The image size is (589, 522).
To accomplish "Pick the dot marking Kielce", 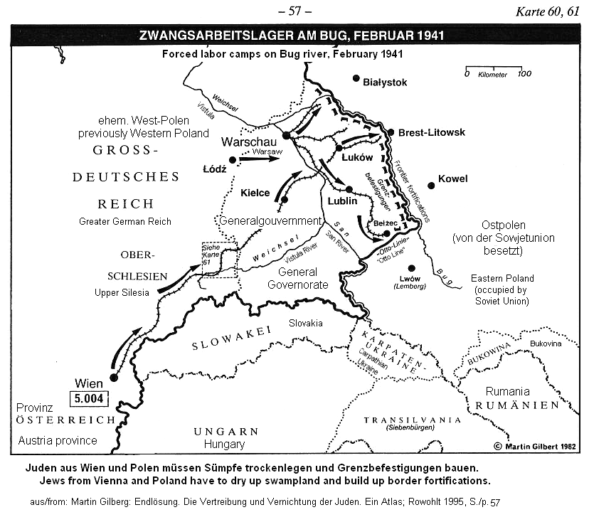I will pyautogui.click(x=285, y=200).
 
